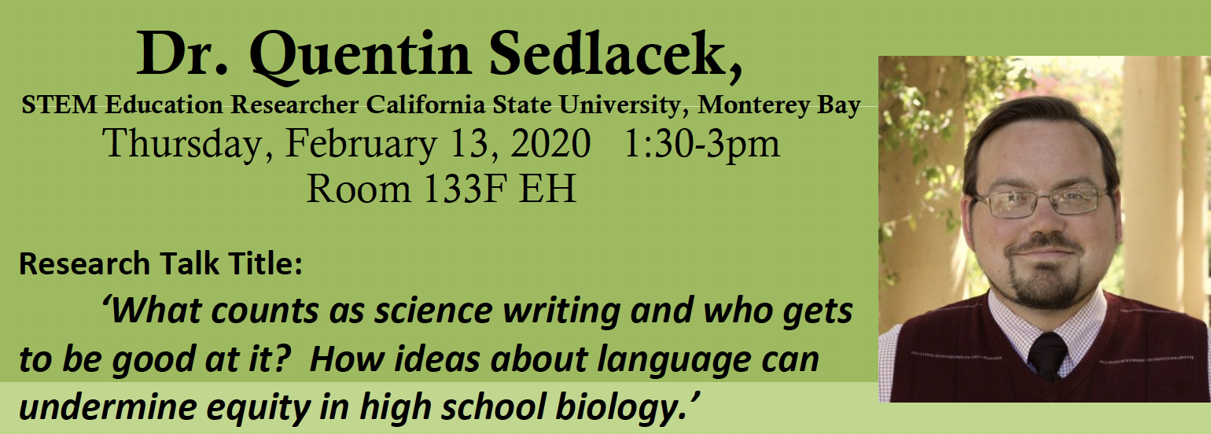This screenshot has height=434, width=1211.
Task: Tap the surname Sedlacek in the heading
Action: click(x=616, y=54)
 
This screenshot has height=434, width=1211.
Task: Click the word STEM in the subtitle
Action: click(x=60, y=105)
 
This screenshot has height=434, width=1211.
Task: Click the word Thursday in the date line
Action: click(x=187, y=144)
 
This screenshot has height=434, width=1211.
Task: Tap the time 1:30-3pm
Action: click(x=702, y=145)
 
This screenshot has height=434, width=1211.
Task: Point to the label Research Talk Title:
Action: click(x=160, y=263)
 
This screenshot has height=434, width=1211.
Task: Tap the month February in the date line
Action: click(x=362, y=145)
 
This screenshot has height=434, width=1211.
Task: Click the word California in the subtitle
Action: click(x=425, y=105)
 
